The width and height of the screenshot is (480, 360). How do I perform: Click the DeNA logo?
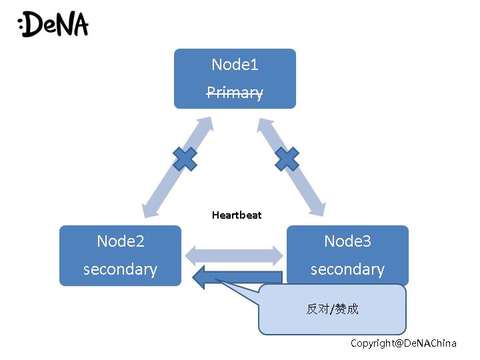point(53,24)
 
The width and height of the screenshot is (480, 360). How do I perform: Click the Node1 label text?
point(235,65)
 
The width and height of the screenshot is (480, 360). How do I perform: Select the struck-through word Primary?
point(235,93)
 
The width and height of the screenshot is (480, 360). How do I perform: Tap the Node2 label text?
point(120,241)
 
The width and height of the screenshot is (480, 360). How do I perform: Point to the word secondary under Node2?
point(120,269)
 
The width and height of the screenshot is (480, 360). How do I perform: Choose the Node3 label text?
point(347,241)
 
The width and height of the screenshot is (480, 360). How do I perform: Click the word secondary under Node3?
point(347,269)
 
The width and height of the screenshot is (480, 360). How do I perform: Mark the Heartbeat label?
point(237,215)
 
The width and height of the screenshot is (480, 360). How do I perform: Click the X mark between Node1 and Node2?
point(185,159)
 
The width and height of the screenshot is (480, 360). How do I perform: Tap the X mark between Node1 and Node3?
point(287,159)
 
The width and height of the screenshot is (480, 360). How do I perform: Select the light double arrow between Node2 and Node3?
point(234,254)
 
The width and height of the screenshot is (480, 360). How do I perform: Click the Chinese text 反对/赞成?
point(332,309)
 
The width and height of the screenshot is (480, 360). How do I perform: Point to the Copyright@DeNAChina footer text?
point(404,343)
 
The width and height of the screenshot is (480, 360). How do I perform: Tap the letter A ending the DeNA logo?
point(79,25)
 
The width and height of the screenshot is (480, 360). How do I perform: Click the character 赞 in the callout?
point(341,309)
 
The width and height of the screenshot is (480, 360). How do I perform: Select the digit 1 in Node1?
point(253,65)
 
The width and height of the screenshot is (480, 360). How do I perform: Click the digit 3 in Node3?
point(367,241)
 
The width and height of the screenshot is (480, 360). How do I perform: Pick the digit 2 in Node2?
point(139,241)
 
